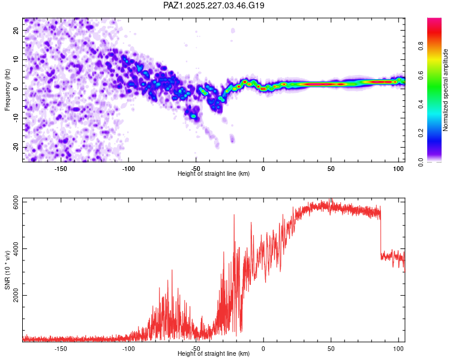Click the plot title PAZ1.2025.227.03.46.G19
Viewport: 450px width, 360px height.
coord(214,5)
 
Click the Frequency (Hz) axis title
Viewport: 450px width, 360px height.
coord(7,90)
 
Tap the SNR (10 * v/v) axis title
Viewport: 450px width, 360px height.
coord(7,270)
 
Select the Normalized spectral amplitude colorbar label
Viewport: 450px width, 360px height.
coord(445,90)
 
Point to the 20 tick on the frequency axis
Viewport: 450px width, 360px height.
coord(16,30)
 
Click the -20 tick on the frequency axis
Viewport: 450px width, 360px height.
coord(16,147)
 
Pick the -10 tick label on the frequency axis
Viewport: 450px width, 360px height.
coord(16,118)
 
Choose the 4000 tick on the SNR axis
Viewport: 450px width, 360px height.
coord(16,248)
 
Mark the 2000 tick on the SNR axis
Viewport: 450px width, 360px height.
coord(16,295)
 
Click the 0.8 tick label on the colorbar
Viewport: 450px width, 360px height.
coord(421,46)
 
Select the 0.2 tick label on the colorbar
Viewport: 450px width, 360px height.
coord(421,133)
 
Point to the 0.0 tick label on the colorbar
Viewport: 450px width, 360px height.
coord(421,162)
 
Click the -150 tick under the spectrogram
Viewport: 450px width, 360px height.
coord(61,169)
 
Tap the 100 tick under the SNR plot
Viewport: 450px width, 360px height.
coord(398,349)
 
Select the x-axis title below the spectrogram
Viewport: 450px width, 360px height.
coord(214,173)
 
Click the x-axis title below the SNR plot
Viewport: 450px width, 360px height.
coord(214,353)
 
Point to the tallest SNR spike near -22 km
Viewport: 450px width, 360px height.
coord(234,215)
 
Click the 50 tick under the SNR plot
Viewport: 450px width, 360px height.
coord(331,349)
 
